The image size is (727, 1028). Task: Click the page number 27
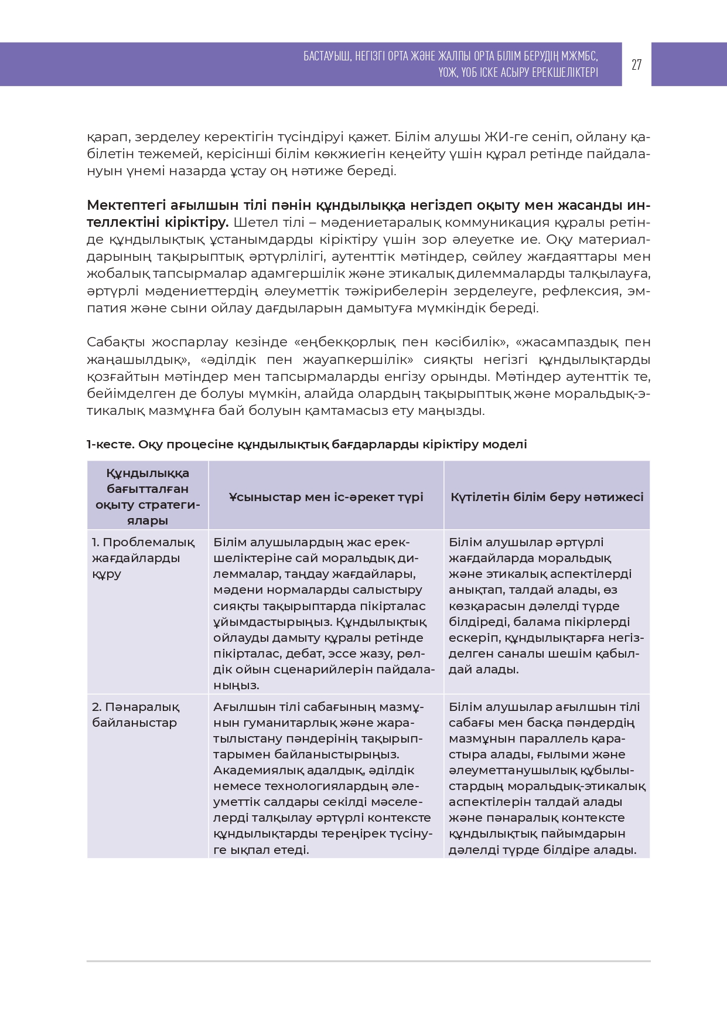click(636, 64)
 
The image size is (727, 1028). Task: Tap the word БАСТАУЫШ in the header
click(326, 56)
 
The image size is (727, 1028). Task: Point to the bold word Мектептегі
click(125, 205)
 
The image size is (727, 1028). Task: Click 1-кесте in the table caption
click(110, 444)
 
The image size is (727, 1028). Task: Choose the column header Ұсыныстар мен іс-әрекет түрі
click(326, 497)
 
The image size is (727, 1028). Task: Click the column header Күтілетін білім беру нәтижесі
click(547, 497)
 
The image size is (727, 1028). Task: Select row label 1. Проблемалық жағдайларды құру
click(143, 558)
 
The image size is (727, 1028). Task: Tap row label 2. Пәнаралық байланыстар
click(135, 714)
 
